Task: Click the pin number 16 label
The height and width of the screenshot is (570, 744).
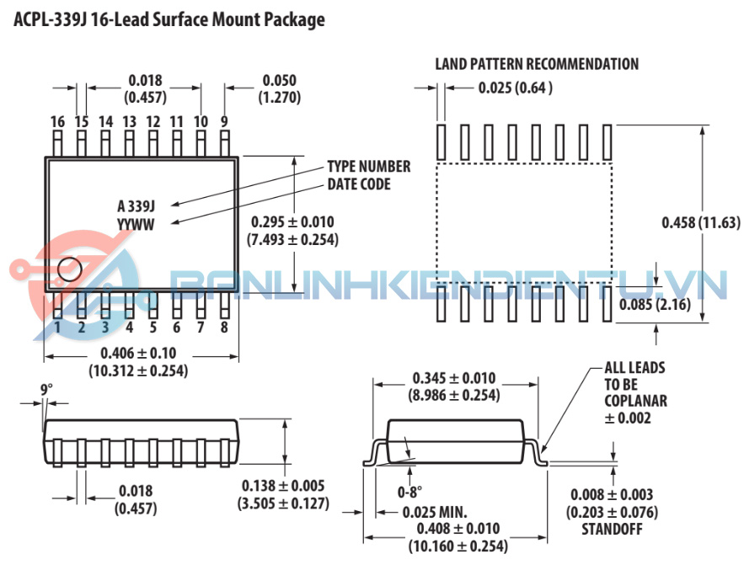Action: tap(57, 122)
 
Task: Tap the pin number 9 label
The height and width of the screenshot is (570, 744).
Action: tap(224, 122)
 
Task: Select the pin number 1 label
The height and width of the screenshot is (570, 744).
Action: tap(57, 327)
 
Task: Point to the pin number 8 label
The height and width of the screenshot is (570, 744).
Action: tap(224, 327)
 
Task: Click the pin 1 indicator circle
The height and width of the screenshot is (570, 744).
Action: tap(69, 269)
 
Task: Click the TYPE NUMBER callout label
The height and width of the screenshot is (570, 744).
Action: tap(368, 167)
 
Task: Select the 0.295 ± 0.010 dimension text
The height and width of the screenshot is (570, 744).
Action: tap(292, 222)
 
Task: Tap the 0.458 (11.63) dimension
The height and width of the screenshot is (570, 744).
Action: tap(701, 222)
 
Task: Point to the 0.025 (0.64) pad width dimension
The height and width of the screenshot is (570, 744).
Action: tap(515, 87)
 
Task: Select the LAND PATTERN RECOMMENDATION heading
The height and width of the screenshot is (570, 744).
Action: tap(537, 64)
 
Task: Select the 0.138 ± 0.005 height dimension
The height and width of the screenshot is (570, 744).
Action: tap(283, 486)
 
